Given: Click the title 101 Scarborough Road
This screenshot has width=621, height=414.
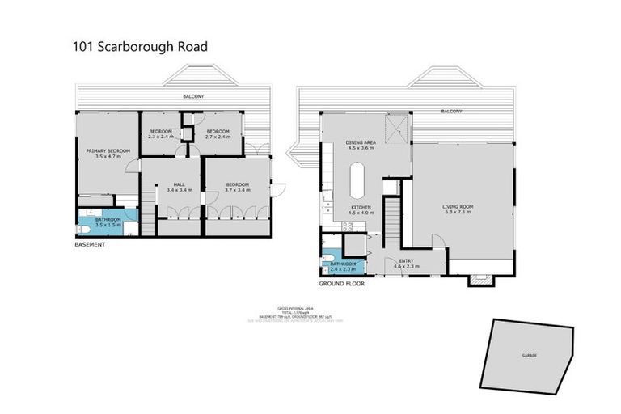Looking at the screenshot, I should click(x=140, y=46).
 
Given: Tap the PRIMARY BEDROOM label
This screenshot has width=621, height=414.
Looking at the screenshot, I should click(x=108, y=151).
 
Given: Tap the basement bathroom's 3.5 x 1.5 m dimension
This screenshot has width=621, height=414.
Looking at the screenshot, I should click(x=108, y=224).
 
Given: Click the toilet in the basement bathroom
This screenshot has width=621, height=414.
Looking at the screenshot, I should click(x=82, y=229).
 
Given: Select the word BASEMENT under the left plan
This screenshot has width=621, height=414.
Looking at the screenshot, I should click(x=90, y=244).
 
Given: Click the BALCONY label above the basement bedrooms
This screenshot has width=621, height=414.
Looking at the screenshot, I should click(x=192, y=96).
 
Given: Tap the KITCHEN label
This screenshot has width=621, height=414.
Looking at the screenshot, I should click(x=361, y=209).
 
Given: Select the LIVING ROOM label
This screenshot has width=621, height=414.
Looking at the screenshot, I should click(x=458, y=207).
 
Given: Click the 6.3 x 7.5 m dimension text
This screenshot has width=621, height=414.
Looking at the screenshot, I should click(x=458, y=213).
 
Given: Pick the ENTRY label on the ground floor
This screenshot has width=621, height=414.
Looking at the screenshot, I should click(x=406, y=260).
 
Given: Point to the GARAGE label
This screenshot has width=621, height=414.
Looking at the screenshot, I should click(x=529, y=355).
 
